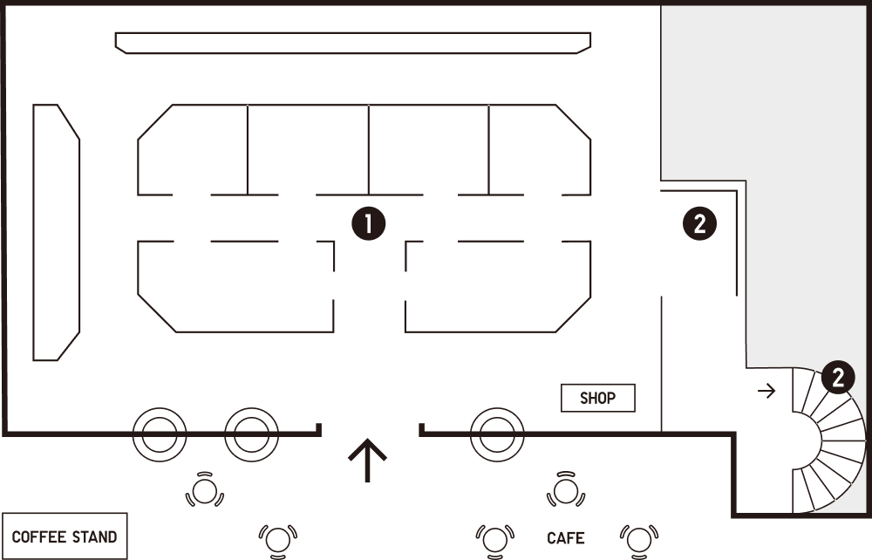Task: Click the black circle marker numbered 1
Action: (x=368, y=223)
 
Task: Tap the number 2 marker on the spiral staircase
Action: (x=838, y=378)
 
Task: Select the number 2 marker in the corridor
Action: (x=699, y=223)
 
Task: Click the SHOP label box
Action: (x=598, y=398)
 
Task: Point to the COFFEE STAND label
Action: (x=65, y=536)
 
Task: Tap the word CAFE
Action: (x=566, y=538)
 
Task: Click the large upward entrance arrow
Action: (x=368, y=461)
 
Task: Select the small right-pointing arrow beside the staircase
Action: (x=766, y=391)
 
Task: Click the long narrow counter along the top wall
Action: (x=353, y=43)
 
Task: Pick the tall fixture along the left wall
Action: (x=56, y=232)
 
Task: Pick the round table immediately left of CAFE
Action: (x=494, y=540)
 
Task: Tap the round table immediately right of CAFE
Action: (x=639, y=540)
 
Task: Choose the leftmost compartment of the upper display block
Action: (x=193, y=150)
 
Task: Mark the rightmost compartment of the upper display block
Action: (x=540, y=150)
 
